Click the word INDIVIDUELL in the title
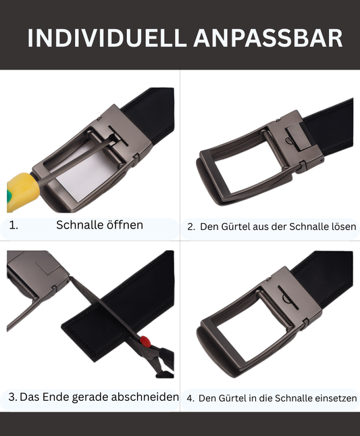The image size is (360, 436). pos(107,38)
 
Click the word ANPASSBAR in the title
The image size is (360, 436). pos(267,38)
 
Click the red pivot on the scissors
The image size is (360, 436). pos(145,341)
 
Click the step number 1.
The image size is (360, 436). pos(14,225)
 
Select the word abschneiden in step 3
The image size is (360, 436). pos(145,397)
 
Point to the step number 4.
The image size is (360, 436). pos(190,398)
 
